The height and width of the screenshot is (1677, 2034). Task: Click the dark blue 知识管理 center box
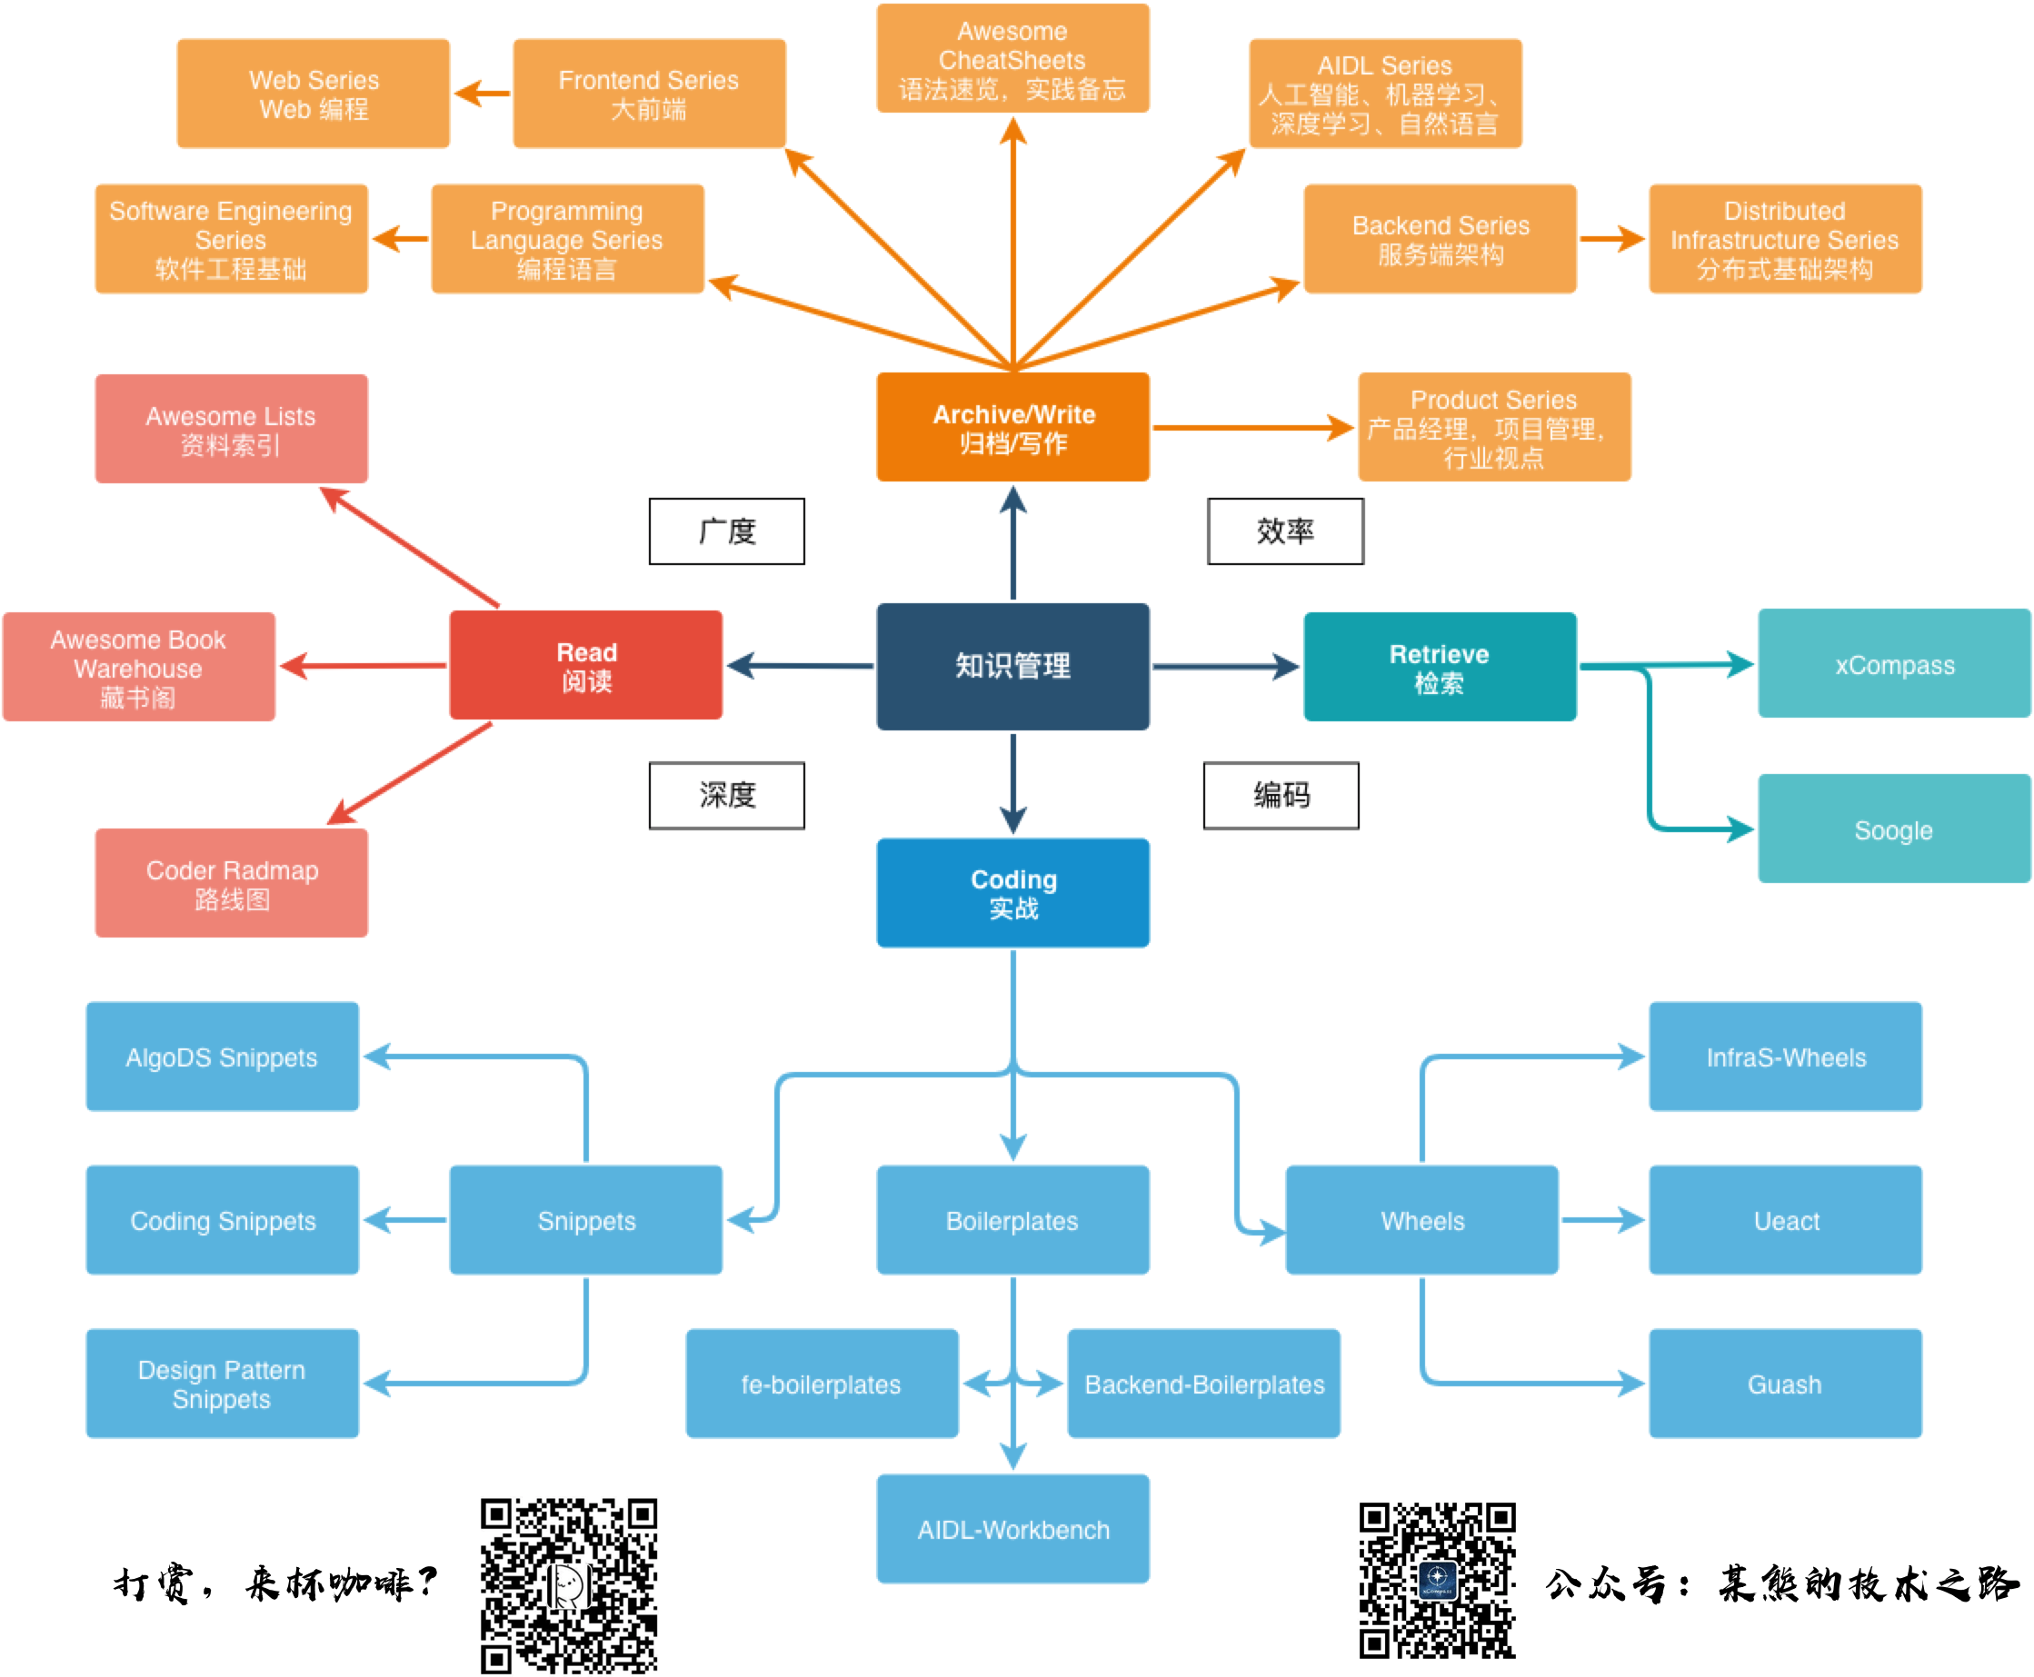point(1012,666)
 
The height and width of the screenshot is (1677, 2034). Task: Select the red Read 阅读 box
point(585,666)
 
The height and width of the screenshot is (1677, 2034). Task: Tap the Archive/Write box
point(1012,427)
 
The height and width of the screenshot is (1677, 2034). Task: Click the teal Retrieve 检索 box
point(1439,667)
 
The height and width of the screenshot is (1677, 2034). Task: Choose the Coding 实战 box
point(1012,893)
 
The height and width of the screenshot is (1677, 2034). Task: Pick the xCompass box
point(1894,664)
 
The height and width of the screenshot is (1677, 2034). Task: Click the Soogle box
point(1894,829)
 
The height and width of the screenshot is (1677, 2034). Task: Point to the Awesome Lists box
point(231,429)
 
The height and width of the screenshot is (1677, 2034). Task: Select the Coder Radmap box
point(231,883)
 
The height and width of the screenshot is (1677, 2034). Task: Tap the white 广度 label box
point(727,531)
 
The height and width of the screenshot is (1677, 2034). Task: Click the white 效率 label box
point(1285,531)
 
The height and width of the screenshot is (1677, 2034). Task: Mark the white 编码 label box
point(1281,795)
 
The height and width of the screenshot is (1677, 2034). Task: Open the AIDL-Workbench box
point(1012,1528)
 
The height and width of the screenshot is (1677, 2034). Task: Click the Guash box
point(1785,1384)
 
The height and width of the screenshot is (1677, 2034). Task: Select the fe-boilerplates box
point(822,1384)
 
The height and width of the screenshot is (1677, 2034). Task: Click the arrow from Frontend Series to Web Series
point(481,94)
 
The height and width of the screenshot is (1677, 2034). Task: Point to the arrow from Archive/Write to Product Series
point(1252,427)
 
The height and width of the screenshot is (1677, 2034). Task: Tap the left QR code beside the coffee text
point(569,1584)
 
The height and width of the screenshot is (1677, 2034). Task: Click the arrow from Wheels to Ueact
point(1602,1220)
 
